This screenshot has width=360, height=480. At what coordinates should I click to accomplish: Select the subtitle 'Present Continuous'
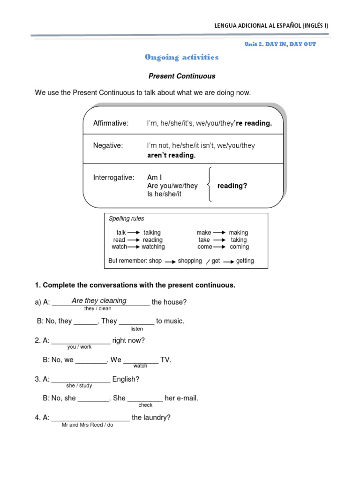[x=182, y=76]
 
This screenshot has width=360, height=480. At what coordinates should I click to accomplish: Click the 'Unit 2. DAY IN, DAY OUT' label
[x=280, y=44]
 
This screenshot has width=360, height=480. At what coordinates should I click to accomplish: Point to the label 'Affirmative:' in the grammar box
[x=111, y=123]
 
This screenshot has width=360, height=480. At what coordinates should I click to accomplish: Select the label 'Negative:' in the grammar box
[x=108, y=146]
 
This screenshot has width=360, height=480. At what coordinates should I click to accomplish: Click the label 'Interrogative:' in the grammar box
[x=113, y=178]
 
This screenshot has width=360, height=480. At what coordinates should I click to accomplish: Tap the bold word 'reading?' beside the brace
[x=232, y=186]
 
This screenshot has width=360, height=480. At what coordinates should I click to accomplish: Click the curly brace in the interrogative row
[x=211, y=184]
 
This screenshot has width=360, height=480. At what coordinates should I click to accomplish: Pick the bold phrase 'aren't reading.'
[x=171, y=155]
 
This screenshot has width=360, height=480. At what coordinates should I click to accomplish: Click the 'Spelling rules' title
[x=126, y=219]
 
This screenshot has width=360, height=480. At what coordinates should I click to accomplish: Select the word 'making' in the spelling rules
[x=238, y=232]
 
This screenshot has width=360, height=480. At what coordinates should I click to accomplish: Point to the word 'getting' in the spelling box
[x=245, y=261]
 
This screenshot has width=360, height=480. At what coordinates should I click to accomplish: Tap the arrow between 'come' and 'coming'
[x=221, y=247]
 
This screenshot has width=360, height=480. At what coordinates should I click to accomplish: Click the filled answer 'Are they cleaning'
[x=99, y=300]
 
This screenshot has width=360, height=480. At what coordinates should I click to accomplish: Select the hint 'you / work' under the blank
[x=80, y=347]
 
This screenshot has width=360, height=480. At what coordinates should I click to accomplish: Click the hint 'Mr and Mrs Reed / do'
[x=87, y=425]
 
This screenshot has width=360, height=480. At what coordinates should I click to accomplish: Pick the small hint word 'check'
[x=145, y=405]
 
